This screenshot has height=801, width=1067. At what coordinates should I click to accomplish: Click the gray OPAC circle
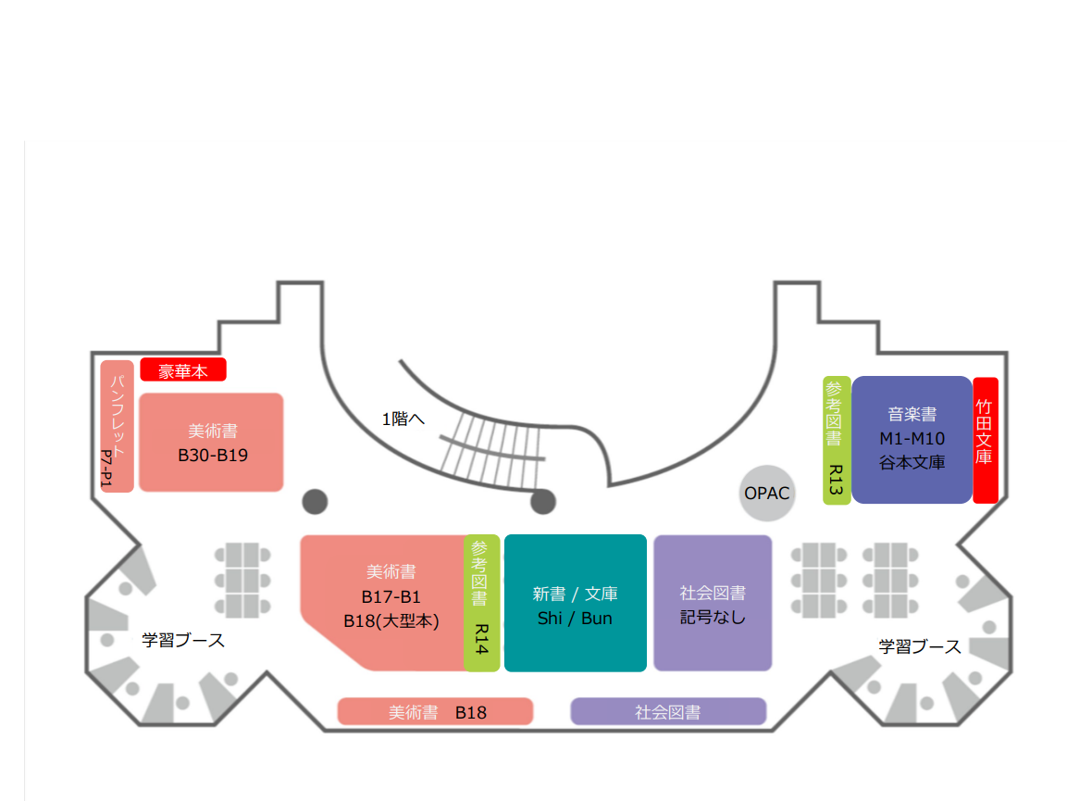point(767,493)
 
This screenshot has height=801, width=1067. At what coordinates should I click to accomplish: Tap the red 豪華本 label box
point(182,370)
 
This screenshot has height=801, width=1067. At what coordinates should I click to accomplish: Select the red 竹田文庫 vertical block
point(985,440)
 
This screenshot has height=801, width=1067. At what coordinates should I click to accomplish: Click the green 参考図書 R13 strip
point(836,440)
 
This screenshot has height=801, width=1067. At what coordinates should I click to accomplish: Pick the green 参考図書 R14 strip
point(481,602)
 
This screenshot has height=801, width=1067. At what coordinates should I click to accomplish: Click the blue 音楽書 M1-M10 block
point(912,440)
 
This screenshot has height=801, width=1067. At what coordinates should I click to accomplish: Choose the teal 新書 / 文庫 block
point(575,603)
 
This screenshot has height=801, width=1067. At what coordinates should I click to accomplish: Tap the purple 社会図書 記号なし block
point(713,603)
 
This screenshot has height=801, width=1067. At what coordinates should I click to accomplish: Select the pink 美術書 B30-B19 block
point(211,443)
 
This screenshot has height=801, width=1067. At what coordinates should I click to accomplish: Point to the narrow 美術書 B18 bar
point(435,712)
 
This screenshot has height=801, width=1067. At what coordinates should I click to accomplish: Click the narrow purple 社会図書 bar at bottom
point(668,712)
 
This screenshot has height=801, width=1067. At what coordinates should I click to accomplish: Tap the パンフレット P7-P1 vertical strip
point(118,426)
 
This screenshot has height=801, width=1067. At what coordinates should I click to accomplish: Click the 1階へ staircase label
point(403,419)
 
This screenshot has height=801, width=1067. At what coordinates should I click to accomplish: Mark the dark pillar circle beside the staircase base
point(542,502)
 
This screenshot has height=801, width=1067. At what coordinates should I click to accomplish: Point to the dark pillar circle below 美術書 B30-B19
point(315,501)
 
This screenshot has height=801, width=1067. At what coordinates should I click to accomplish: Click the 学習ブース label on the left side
point(182,640)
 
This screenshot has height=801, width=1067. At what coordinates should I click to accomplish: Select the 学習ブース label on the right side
point(919,646)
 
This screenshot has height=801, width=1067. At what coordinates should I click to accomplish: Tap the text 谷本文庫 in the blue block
point(912,462)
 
